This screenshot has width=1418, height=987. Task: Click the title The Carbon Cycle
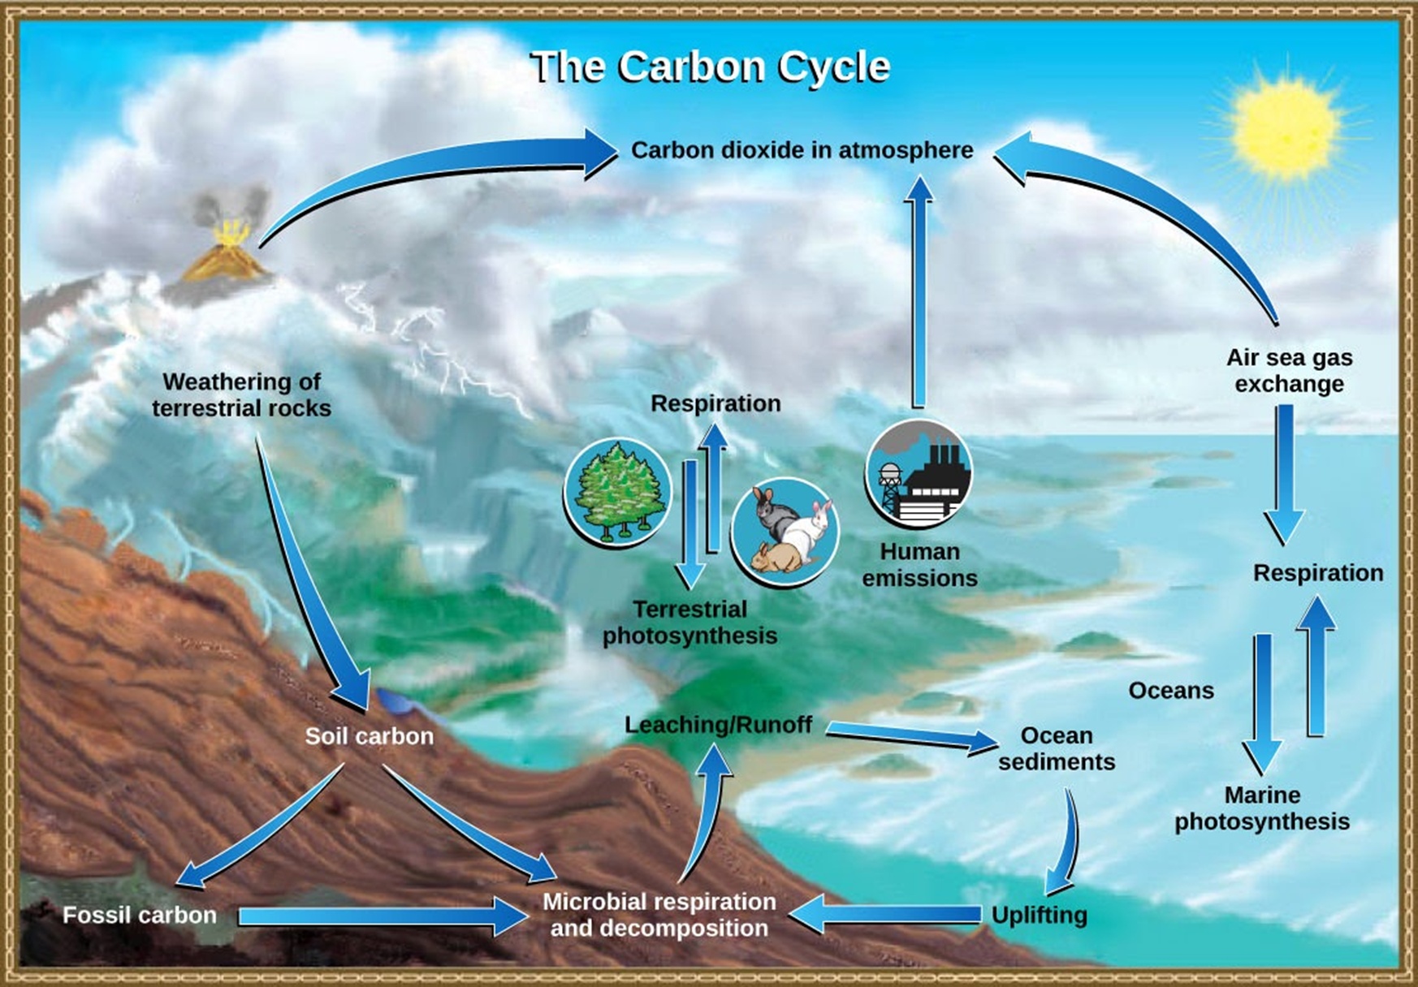pyautogui.click(x=711, y=67)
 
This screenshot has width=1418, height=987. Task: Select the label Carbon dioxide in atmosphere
pyautogui.click(x=802, y=150)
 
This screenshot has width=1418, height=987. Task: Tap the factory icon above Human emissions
pyautogui.click(x=919, y=474)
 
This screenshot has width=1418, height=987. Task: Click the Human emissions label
pyautogui.click(x=919, y=565)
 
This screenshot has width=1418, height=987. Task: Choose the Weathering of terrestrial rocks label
pyautogui.click(x=241, y=394)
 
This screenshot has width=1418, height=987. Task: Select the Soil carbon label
pyautogui.click(x=369, y=736)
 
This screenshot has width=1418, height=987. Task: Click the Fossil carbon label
pyautogui.click(x=140, y=916)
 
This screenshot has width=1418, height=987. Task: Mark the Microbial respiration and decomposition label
pyautogui.click(x=659, y=915)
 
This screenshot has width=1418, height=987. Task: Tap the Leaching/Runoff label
pyautogui.click(x=718, y=725)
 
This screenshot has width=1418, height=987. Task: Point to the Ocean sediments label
pyautogui.click(x=1056, y=748)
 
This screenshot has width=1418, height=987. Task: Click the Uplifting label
pyautogui.click(x=1039, y=915)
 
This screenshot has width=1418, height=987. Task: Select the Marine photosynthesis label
pyautogui.click(x=1262, y=808)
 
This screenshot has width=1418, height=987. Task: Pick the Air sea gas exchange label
pyautogui.click(x=1289, y=370)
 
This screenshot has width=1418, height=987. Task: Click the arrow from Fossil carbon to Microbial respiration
pyautogui.click(x=382, y=916)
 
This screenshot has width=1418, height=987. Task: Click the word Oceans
pyautogui.click(x=1171, y=691)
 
